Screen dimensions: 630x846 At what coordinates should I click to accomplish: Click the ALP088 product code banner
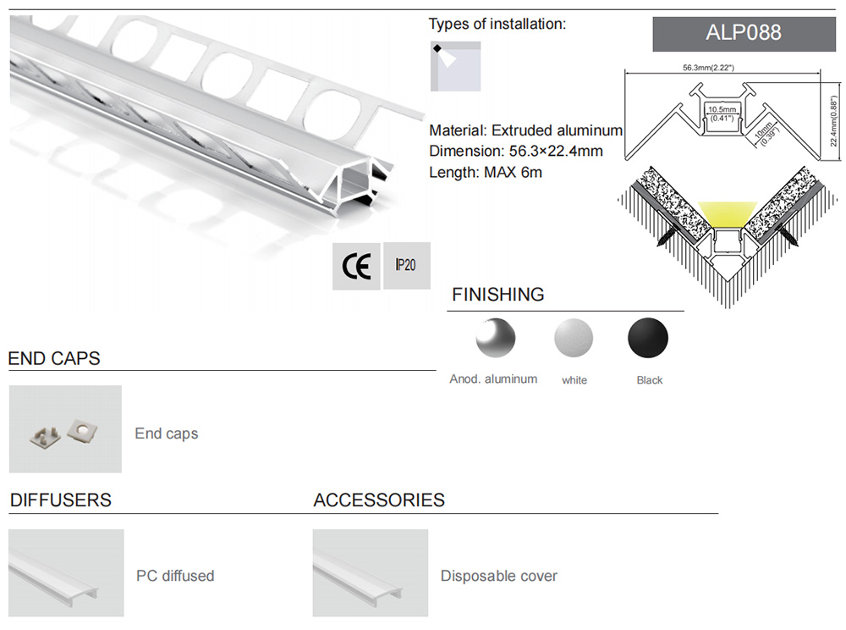743,34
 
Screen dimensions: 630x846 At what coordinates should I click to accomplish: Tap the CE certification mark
356,266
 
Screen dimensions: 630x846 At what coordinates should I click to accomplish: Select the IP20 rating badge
406,265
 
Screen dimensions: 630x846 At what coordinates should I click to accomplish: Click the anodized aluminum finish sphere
494,340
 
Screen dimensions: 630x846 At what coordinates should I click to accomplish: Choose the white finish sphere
574,340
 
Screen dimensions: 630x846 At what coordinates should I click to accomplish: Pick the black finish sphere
648,340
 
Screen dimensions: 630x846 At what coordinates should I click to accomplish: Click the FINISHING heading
497,295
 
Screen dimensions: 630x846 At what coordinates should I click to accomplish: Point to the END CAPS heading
54,358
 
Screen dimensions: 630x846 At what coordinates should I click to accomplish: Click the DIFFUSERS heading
60,500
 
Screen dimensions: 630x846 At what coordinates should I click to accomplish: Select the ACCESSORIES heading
379,500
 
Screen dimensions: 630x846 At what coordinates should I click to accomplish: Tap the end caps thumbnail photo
65,429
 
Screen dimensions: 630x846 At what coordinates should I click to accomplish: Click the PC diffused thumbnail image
66,573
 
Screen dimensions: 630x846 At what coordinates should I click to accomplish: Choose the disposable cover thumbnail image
370,573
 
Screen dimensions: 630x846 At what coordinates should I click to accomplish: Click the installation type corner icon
455,66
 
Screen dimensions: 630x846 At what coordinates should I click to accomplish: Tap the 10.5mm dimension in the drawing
722,110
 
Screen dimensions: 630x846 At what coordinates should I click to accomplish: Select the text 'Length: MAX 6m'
485,173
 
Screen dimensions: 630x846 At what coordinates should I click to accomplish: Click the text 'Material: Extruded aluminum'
525,130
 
